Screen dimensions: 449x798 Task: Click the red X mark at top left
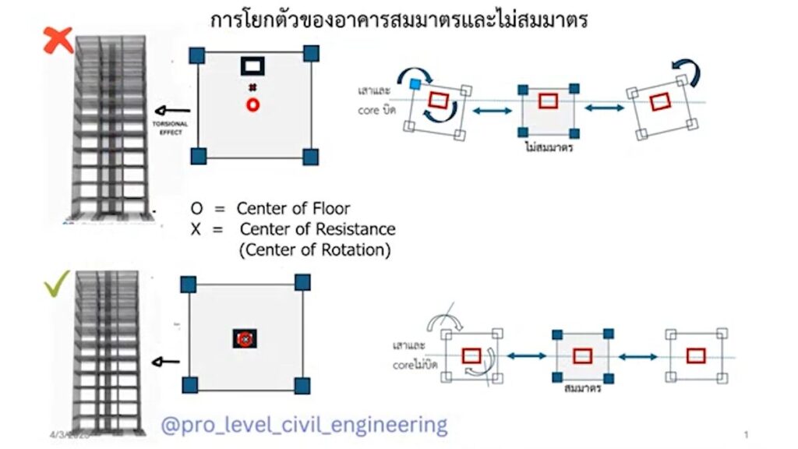click(58, 40)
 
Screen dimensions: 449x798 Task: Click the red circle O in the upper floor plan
click(252, 105)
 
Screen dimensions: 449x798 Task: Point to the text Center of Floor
click(293, 208)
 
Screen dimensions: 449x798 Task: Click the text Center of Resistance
click(317, 229)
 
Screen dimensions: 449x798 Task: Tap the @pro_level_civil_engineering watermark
click(304, 425)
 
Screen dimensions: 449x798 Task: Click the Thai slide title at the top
click(399, 19)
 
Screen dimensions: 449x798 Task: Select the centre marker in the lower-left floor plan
click(244, 339)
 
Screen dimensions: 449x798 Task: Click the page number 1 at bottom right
click(746, 433)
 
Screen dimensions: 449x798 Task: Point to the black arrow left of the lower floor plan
click(164, 362)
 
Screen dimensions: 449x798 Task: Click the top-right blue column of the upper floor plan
click(311, 53)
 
